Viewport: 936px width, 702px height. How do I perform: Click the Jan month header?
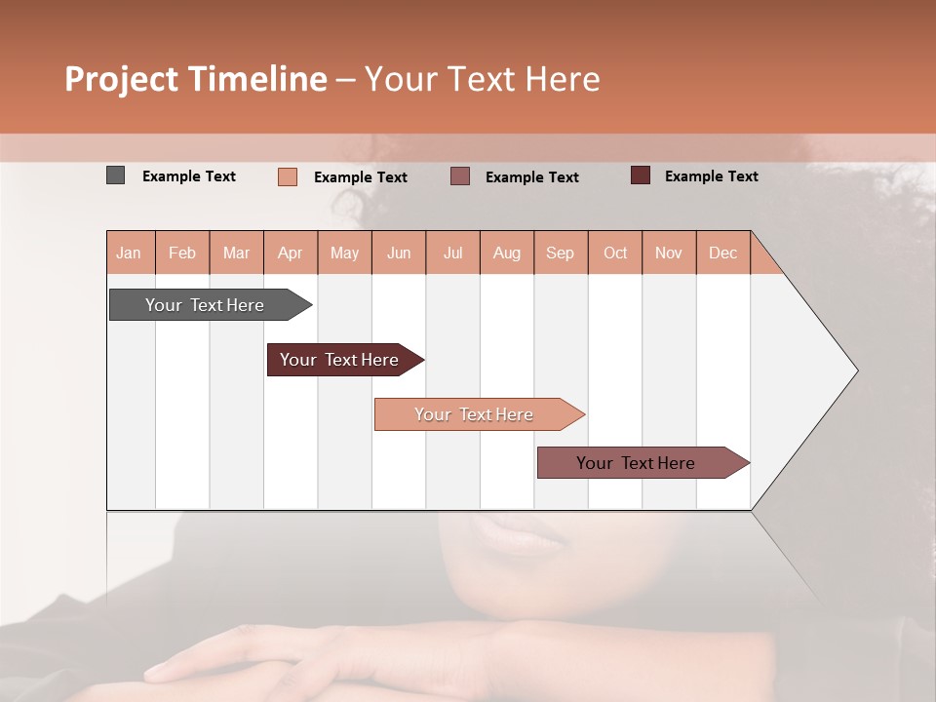[x=129, y=253]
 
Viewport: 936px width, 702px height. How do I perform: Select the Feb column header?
[x=182, y=253]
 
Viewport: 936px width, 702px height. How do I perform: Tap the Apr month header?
[x=290, y=253]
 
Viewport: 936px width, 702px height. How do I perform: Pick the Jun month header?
[x=399, y=253]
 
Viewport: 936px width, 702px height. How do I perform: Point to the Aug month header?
[x=506, y=253]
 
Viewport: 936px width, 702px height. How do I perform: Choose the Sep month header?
[x=560, y=253]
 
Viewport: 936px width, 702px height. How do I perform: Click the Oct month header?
[x=615, y=253]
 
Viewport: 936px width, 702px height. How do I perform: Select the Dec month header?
[x=722, y=253]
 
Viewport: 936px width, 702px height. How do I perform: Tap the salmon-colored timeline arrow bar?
[x=475, y=414]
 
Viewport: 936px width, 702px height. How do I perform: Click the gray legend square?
[x=115, y=175]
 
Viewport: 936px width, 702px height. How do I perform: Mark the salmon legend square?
[x=288, y=176]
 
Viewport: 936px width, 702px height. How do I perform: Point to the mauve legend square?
[x=460, y=176]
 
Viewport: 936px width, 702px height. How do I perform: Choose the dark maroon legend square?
[x=641, y=175]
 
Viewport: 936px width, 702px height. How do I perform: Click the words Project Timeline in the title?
[x=196, y=79]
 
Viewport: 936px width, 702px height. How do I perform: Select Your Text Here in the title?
[x=482, y=79]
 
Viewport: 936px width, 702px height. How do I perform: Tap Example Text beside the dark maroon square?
[x=711, y=175]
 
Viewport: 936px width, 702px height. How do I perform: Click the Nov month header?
[x=669, y=253]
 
